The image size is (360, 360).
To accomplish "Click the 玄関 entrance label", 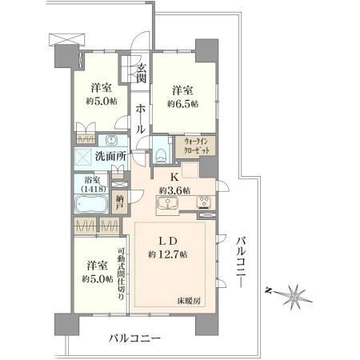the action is (x=142, y=74).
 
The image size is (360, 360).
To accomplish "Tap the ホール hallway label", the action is (x=140, y=119).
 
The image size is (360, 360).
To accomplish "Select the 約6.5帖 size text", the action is (x=183, y=104).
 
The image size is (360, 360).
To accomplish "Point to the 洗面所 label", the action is (x=110, y=156).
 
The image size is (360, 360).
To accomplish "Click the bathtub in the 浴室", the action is (x=91, y=204).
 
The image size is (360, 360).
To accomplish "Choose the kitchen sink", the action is (x=167, y=203).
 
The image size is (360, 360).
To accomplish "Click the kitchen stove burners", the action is (x=204, y=202).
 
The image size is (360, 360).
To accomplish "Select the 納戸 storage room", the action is (x=119, y=202).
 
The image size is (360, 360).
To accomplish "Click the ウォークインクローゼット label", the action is (x=195, y=146).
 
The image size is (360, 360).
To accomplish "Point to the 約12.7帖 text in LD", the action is (x=168, y=254).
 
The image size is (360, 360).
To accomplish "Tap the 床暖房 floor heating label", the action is (x=189, y=301).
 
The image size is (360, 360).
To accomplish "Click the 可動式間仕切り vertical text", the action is (x=121, y=274).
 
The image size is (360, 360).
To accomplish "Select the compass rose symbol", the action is (x=294, y=296).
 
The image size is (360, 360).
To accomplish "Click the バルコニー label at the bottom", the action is (x=135, y=338).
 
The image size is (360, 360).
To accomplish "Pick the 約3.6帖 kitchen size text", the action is (x=174, y=190).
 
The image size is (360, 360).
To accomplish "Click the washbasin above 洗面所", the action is (x=111, y=140).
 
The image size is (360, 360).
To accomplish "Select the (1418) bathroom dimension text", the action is (x=94, y=189).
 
